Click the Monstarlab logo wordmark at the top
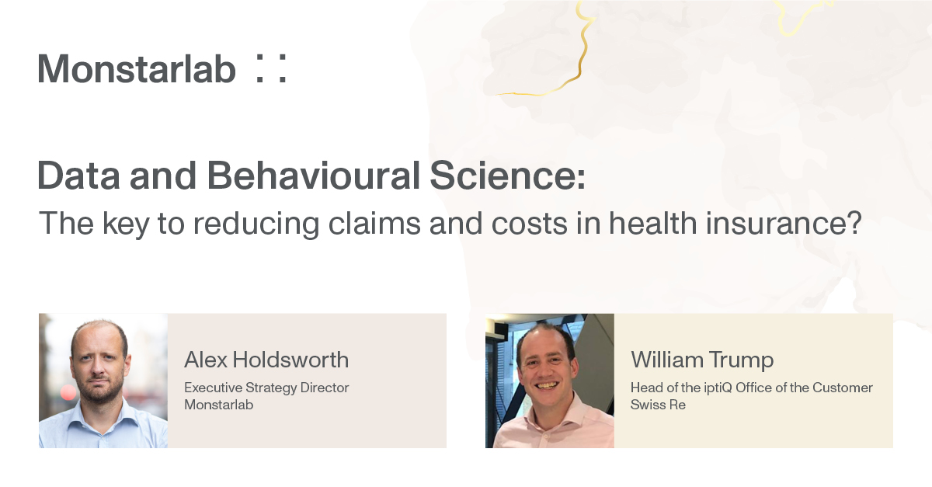coord(137,69)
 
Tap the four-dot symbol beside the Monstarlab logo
coord(270,69)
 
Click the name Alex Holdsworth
coord(266,360)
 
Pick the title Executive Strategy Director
coord(266,387)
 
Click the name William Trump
coord(702,360)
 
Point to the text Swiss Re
coord(658,405)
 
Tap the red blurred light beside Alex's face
coord(68,393)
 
